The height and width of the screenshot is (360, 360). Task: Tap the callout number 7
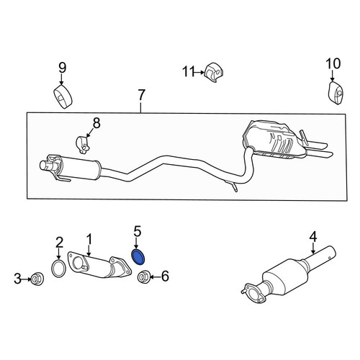tap(141, 95)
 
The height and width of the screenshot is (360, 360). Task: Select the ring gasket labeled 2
tap(58, 268)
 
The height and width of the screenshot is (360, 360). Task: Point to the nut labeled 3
tap(37, 279)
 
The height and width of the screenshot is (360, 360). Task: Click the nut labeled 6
tap(144, 277)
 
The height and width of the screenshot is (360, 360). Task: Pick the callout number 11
tap(188, 71)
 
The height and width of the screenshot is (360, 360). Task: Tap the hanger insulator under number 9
tap(63, 96)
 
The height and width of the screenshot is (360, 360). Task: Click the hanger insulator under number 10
tap(336, 94)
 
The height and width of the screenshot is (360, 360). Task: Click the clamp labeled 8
tap(82, 145)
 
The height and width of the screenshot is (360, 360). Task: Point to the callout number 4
tap(313, 237)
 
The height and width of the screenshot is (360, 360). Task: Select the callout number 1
tap(89, 239)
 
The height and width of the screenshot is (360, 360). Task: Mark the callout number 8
tap(96, 124)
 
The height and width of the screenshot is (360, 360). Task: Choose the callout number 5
tap(138, 232)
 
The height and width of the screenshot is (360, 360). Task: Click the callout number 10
tap(333, 63)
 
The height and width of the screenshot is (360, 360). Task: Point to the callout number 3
tap(17, 279)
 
